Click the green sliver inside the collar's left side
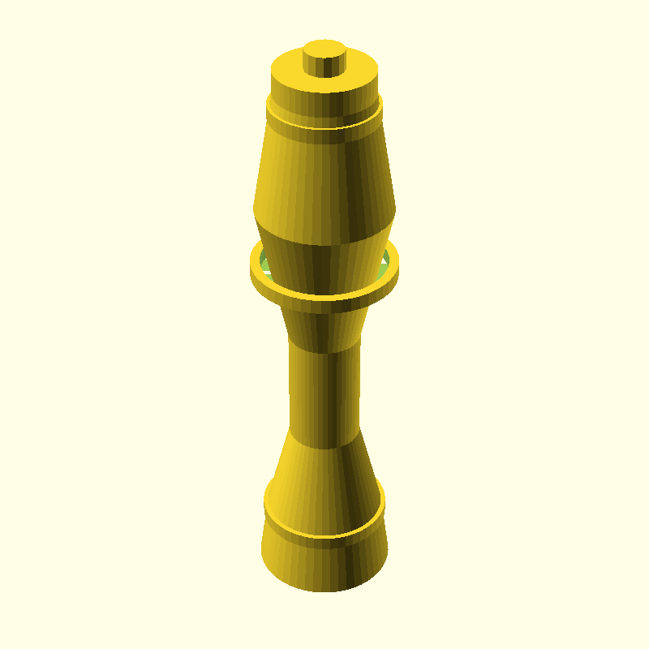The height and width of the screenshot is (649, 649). coord(263,261)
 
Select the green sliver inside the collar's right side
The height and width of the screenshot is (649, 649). coord(385,260)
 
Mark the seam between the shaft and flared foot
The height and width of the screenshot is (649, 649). coord(324,448)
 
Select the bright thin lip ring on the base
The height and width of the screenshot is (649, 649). coord(324,535)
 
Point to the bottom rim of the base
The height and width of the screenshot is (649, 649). coord(324,590)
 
